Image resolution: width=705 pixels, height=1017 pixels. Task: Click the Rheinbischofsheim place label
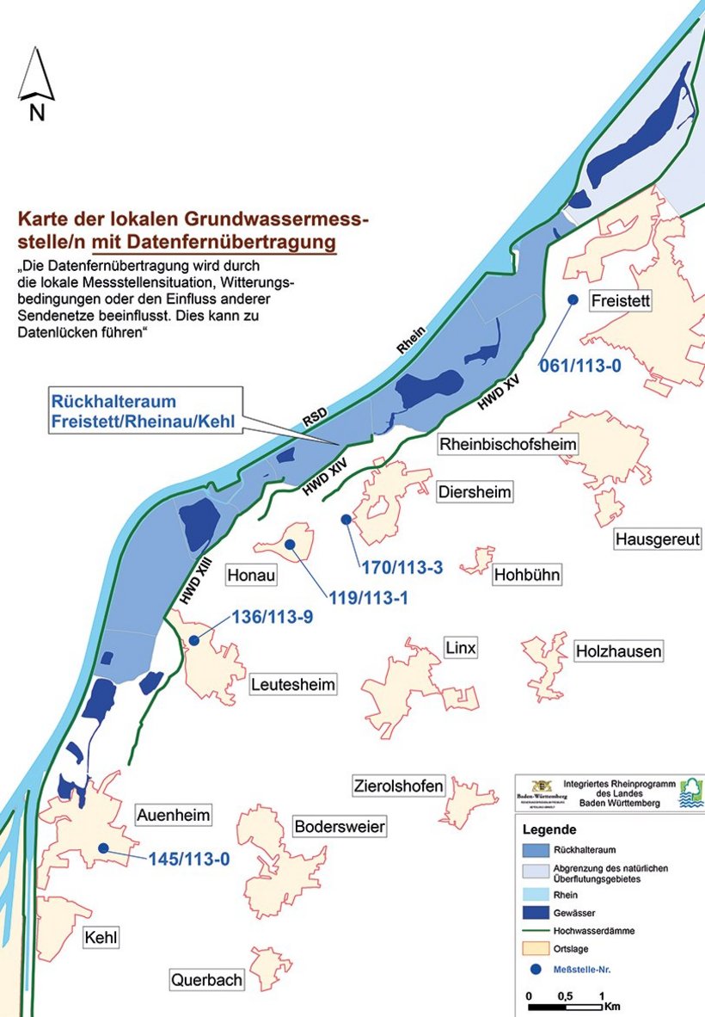coord(508,444)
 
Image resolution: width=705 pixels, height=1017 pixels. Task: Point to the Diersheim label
coord(475,492)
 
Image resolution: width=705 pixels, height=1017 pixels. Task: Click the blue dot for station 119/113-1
coord(291,545)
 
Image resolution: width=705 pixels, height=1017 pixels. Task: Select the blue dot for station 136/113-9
coord(195,640)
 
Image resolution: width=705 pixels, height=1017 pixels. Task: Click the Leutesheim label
coord(293,685)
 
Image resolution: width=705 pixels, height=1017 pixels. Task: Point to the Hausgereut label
coord(658,539)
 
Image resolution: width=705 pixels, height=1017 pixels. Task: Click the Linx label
coord(460,648)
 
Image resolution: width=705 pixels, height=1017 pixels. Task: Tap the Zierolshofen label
coord(398,786)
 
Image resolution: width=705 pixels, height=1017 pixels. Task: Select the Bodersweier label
coord(340,827)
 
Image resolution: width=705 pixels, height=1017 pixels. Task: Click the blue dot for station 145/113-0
coord(104,847)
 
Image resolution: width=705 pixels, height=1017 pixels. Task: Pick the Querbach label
coord(206,979)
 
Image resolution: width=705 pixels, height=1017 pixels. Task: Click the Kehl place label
coord(101,937)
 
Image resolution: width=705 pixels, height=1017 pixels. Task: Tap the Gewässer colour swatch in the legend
coord(540,911)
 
